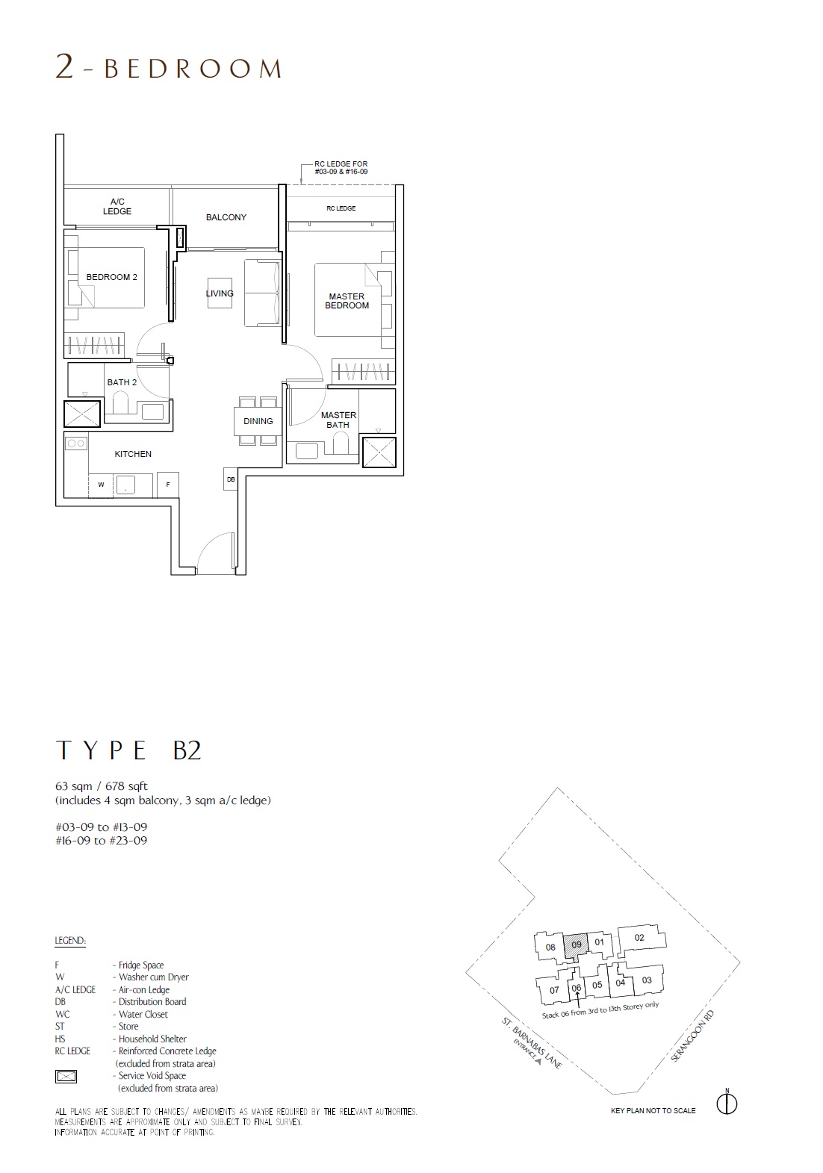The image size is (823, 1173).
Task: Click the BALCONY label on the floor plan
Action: (x=226, y=217)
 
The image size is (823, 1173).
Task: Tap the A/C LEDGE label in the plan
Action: (x=117, y=206)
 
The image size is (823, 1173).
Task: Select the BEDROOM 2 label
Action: (x=111, y=277)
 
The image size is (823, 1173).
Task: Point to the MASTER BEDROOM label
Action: (x=347, y=301)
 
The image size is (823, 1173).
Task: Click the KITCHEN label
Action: (x=133, y=454)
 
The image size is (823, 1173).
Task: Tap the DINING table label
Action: (x=258, y=421)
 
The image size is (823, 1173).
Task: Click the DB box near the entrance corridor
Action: (x=231, y=479)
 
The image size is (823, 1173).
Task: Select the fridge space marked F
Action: (x=167, y=485)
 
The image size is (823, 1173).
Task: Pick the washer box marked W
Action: (x=101, y=485)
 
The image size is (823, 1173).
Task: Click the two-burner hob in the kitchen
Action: (x=76, y=444)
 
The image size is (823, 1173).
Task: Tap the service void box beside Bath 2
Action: (x=81, y=414)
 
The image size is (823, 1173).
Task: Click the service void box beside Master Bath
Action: (x=379, y=452)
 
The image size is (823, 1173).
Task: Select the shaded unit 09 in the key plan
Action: (x=576, y=945)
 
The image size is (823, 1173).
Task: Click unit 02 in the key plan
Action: (x=639, y=937)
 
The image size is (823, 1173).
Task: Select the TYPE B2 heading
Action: (x=128, y=750)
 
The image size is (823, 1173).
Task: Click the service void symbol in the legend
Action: (x=66, y=1077)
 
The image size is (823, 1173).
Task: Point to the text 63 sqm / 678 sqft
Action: (x=102, y=786)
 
